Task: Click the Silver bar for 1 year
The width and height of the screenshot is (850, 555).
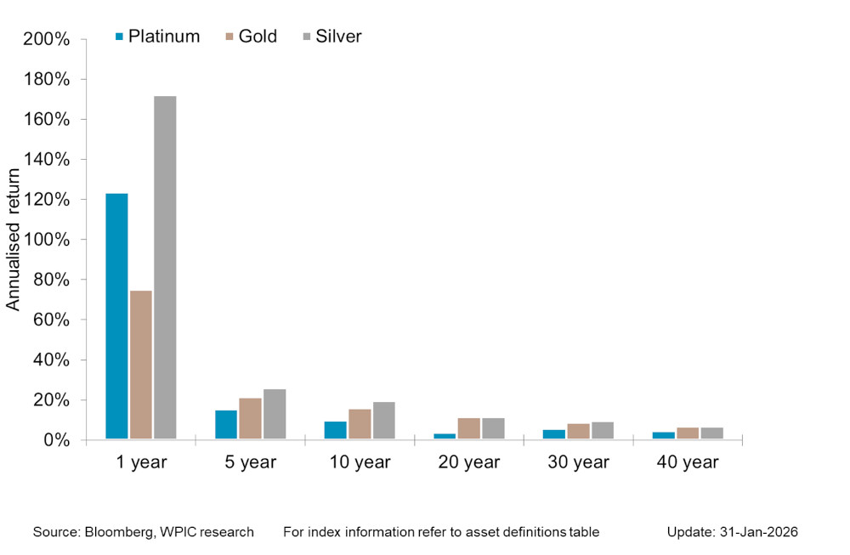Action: click(165, 268)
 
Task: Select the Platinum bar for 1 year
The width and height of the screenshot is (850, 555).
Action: click(116, 316)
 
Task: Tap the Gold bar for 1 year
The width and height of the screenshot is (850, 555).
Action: click(141, 365)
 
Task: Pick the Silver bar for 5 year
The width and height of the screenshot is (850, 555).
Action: click(275, 414)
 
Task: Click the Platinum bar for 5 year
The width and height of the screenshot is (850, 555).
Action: click(226, 425)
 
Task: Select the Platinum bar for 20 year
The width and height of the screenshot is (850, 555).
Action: click(445, 436)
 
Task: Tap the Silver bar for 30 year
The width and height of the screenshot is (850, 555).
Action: click(603, 431)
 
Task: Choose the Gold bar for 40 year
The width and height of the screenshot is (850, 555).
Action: click(688, 433)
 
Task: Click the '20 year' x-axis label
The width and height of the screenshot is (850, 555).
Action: click(468, 463)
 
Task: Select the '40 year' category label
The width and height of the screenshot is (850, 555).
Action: click(688, 463)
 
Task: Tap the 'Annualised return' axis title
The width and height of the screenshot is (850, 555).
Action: click(14, 240)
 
